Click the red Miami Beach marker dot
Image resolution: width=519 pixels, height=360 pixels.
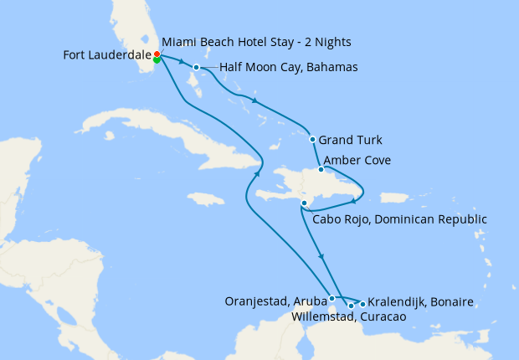pos(157,54)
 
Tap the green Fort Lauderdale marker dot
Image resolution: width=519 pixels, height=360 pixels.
pos(157,59)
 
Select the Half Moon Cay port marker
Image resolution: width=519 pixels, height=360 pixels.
pos(196,68)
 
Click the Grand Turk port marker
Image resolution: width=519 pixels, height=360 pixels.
pos(312,140)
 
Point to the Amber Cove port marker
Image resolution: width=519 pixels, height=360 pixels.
pos(321,169)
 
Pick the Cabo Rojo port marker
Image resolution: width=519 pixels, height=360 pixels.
pos(303,203)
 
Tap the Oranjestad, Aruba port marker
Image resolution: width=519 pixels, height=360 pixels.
pos(332,298)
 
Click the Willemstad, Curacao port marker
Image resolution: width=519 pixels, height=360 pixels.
pos(351,306)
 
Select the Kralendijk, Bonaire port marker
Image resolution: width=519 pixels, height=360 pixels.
pos(362,301)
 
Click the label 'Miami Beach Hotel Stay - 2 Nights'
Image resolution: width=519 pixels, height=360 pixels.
pos(256,42)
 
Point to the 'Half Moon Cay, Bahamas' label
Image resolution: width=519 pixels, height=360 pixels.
pos(289,68)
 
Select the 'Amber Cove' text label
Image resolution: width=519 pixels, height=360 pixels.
pos(357,160)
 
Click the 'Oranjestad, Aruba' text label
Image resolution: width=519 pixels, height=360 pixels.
pos(275,301)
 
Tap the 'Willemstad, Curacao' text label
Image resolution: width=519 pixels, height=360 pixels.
pos(349,317)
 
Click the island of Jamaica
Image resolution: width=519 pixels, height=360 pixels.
pos(206,199)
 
